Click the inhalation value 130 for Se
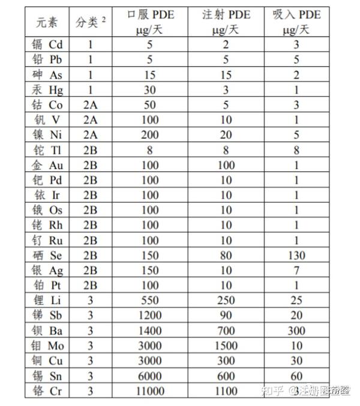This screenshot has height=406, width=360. point(296,255)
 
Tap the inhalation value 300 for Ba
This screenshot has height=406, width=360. point(296,330)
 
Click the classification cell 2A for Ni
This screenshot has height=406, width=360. point(90,135)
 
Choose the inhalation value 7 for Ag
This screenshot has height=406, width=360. point(296,270)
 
